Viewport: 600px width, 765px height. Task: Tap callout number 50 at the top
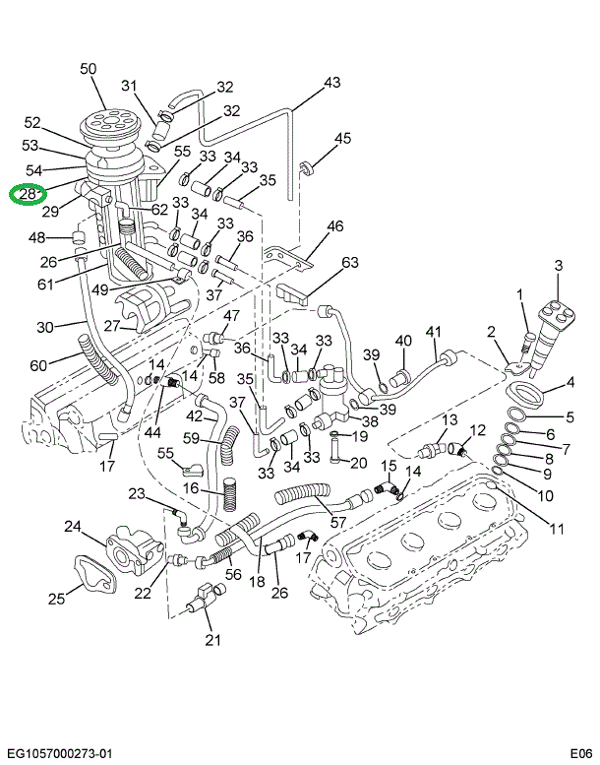(x=88, y=68)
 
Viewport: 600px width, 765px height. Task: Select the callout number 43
(x=331, y=82)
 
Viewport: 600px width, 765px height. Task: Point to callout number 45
(x=342, y=139)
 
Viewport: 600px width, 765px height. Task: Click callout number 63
(x=350, y=262)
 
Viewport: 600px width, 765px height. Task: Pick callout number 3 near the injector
(x=558, y=265)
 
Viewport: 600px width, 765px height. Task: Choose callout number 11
(x=557, y=529)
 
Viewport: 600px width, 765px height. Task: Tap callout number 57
(x=338, y=522)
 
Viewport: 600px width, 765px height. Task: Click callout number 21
(x=213, y=641)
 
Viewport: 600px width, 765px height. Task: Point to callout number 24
(x=72, y=527)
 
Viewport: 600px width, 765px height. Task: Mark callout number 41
(x=434, y=332)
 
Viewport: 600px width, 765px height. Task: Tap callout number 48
(x=36, y=237)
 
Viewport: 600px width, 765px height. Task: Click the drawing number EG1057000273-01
(x=58, y=753)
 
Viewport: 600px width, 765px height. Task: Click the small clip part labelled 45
(x=307, y=168)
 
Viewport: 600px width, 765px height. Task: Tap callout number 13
(x=449, y=420)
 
